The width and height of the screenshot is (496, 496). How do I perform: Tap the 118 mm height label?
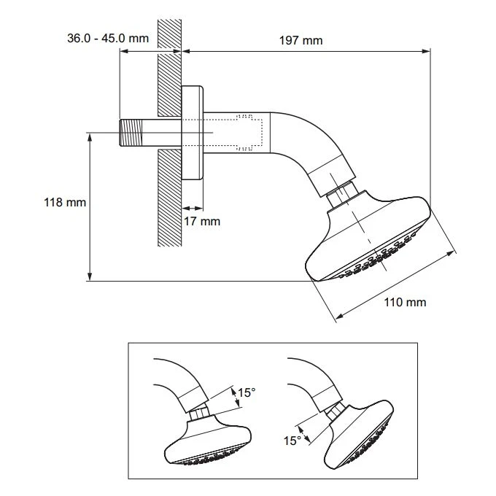pyautogui.click(x=61, y=202)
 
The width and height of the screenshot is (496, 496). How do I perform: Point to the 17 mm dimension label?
pyautogui.click(x=201, y=221)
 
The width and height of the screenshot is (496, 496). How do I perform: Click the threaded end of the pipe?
pyautogui.click(x=129, y=132)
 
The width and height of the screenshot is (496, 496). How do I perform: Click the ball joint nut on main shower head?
pyautogui.click(x=342, y=195)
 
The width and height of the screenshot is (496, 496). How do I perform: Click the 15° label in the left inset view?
pyautogui.click(x=247, y=393)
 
